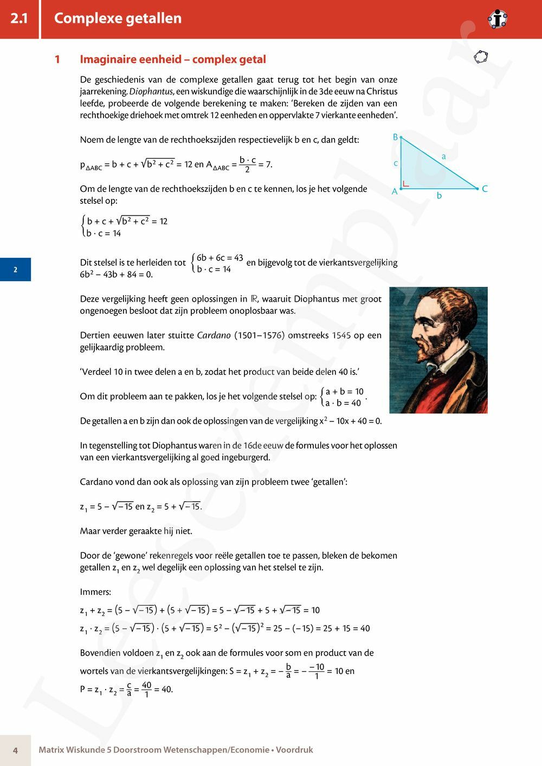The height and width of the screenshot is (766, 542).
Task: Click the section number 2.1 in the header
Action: tap(19, 18)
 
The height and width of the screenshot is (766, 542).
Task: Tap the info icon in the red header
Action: tap(497, 20)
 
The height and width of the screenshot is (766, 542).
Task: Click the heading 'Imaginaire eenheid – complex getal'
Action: tap(173, 60)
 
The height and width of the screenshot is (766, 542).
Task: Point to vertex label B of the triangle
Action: tap(395, 137)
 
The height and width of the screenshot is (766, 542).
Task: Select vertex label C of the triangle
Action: tap(485, 189)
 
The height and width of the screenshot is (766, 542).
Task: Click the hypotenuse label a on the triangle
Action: tap(443, 157)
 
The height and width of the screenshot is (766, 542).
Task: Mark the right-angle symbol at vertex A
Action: tap(405, 185)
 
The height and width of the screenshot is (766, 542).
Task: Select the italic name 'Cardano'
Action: tap(214, 335)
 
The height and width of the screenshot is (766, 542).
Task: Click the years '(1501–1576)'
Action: tap(259, 335)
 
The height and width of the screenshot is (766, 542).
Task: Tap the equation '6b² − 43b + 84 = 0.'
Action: tap(117, 275)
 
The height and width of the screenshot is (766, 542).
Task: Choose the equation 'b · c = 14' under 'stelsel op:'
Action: tap(104, 233)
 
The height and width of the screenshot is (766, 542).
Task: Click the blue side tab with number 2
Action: tap(15, 269)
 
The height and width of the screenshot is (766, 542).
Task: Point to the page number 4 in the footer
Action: tap(15, 750)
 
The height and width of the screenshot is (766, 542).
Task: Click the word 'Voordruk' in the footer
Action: tap(294, 750)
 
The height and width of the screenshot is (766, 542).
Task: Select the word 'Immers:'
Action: tap(95, 592)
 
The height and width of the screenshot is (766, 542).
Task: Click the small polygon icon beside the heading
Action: tap(480, 56)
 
